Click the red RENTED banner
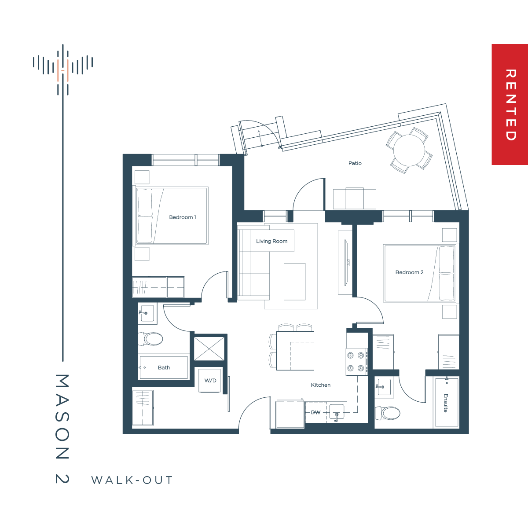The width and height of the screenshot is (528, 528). click(x=510, y=104)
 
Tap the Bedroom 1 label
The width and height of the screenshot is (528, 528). click(x=183, y=217)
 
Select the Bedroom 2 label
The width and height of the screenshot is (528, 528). click(x=409, y=272)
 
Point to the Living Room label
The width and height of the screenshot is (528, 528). click(x=272, y=241)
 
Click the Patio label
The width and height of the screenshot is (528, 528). click(x=355, y=163)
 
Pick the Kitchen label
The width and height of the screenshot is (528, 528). click(x=321, y=385)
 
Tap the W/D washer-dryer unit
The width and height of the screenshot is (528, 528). click(x=210, y=381)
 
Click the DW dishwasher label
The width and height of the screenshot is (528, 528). click(x=315, y=412)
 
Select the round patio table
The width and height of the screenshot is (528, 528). click(x=409, y=150)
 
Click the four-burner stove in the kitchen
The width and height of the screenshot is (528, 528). click(x=356, y=362)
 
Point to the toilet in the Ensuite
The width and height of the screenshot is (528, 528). click(x=388, y=413)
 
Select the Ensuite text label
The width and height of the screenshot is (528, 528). click(x=446, y=403)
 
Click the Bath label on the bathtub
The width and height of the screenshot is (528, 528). click(x=164, y=368)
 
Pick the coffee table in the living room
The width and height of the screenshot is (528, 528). click(x=294, y=282)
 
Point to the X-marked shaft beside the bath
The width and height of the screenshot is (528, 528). click(x=209, y=349)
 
